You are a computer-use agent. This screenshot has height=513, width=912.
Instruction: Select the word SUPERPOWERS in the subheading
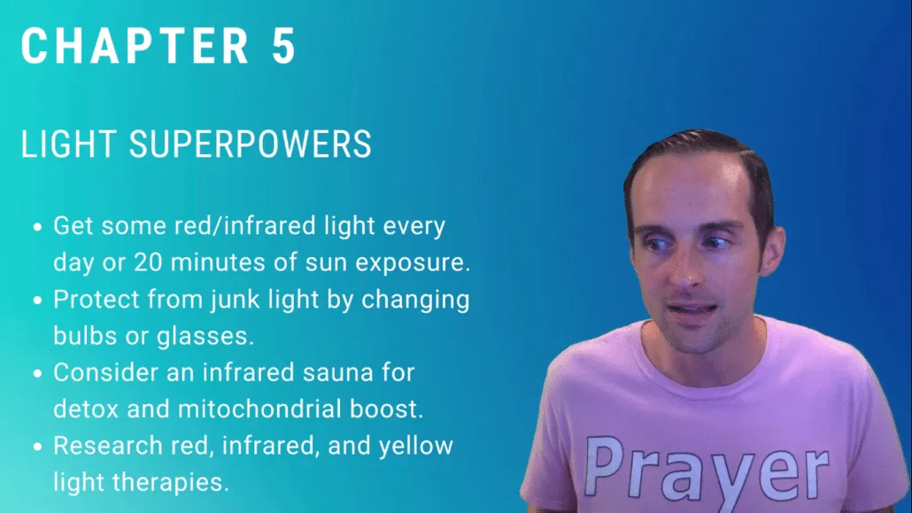tap(250, 144)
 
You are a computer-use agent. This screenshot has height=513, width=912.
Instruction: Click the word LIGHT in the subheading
tap(68, 144)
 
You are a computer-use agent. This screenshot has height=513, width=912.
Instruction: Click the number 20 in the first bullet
tap(149, 262)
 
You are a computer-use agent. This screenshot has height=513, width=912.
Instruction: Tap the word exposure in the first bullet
tap(413, 263)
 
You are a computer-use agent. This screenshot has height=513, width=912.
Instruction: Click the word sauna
tap(338, 373)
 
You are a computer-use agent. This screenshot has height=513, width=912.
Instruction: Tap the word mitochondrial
tap(260, 408)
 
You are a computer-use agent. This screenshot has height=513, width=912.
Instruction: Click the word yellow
tap(416, 447)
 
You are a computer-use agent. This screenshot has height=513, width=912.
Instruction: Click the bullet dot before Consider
tap(38, 373)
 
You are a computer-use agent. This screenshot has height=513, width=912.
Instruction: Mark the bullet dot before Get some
tap(38, 227)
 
